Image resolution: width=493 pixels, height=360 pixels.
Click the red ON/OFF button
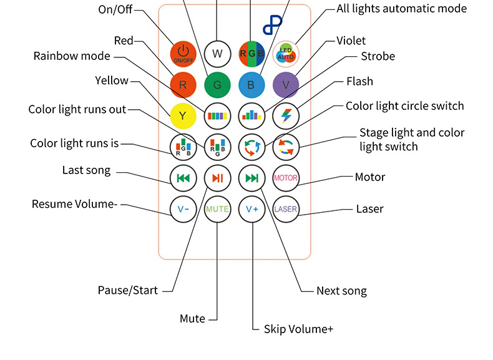pos(183,53)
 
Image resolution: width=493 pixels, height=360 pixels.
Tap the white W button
pos(217,53)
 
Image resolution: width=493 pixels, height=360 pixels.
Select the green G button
pos(217,84)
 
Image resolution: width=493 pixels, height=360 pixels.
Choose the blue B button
pos(251,84)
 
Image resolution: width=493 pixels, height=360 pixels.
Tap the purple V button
pos(286,84)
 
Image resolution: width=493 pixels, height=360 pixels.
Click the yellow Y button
pos(183,115)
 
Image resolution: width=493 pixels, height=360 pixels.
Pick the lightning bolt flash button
pos(286,115)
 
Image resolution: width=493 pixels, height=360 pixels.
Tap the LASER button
pos(286,209)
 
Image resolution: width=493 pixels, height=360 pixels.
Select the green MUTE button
pos(217,209)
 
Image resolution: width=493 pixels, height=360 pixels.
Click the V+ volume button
pos(251,209)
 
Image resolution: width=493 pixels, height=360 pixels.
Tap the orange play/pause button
pos(217,178)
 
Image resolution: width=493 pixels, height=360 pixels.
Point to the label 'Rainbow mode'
pos(72,56)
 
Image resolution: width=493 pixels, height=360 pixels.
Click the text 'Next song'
pos(341,291)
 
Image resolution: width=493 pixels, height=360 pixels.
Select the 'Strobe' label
pos(378,56)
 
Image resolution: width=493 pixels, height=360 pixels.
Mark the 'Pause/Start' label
pos(127,290)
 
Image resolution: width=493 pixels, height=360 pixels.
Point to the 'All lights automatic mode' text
pos(401,8)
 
